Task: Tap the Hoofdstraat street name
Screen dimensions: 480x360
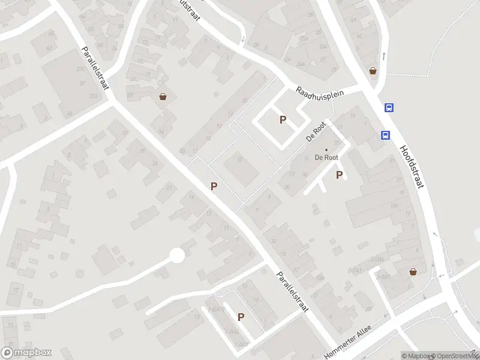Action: point(412,167)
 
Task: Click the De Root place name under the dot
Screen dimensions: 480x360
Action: point(327,157)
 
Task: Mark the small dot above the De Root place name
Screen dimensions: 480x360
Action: point(327,149)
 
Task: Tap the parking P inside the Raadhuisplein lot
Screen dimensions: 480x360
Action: point(283,120)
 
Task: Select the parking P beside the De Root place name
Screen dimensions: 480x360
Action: point(340,175)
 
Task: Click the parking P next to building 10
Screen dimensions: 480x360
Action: point(214,187)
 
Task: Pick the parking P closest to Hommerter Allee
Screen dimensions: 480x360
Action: point(241,317)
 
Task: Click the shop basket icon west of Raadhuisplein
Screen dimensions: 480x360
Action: point(163,96)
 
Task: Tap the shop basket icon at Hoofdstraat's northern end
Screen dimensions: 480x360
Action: point(373,71)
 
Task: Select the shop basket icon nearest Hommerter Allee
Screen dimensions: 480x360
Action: point(413,272)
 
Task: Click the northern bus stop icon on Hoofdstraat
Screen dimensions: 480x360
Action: point(389,108)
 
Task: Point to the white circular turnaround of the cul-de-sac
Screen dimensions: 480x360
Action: point(176,256)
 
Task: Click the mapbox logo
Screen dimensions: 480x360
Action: point(26,353)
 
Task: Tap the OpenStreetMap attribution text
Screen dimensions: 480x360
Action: point(454,356)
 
